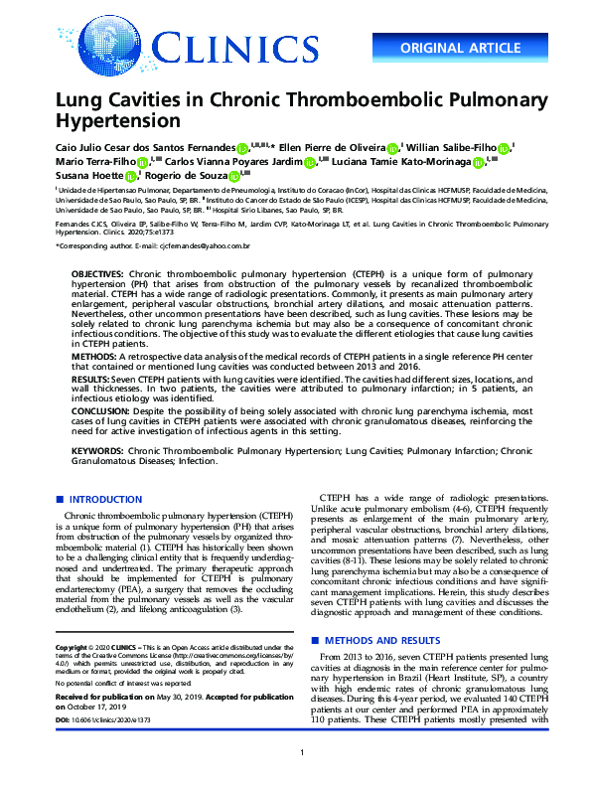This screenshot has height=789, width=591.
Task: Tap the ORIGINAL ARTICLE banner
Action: (x=461, y=48)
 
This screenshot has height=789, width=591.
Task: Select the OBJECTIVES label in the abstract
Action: (x=97, y=272)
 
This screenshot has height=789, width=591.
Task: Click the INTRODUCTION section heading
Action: (x=104, y=500)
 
